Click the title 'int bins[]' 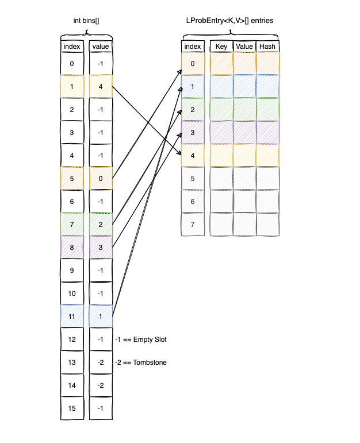click(86, 21)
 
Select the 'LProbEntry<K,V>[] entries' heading click(230, 21)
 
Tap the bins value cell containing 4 click(101, 87)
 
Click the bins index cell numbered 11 click(72, 316)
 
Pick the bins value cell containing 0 click(101, 178)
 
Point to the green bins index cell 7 click(72, 224)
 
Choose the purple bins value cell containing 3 click(101, 247)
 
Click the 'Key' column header click(221, 46)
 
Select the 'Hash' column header click(267, 46)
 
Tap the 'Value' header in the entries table click(244, 46)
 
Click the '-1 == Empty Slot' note click(141, 340)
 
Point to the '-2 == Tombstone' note click(141, 363)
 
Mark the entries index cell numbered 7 click(193, 224)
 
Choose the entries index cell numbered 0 click(193, 64)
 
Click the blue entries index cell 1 click(193, 87)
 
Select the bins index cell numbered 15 click(72, 408)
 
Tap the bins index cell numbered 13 click(72, 363)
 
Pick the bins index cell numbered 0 click(72, 64)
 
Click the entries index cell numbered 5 click(193, 178)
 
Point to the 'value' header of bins click(101, 46)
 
